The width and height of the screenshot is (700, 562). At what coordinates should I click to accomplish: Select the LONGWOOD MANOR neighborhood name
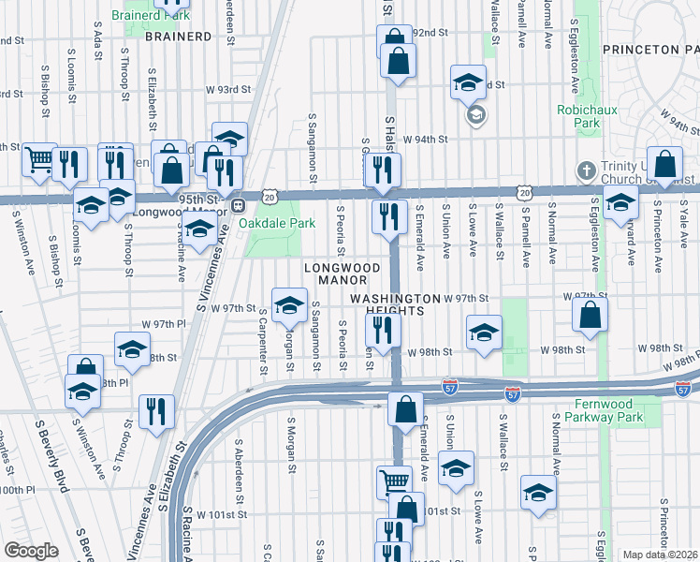343,274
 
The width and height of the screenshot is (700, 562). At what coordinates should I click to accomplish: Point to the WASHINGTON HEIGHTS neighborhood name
394,304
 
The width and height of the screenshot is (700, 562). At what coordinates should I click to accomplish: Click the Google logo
31,551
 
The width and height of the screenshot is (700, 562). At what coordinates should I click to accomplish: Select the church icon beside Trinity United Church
586,170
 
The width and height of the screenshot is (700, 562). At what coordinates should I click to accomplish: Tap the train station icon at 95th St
239,205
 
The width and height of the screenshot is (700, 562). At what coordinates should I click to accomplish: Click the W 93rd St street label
229,90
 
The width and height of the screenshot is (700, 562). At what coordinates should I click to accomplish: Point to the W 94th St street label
426,139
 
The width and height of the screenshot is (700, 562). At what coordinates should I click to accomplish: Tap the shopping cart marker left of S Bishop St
39,160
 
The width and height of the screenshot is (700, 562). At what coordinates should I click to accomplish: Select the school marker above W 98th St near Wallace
483,332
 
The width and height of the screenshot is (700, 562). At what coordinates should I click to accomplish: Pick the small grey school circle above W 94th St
474,115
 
